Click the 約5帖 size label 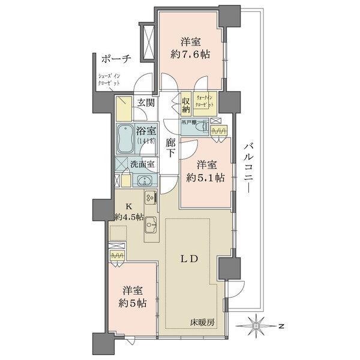pyautogui.click(x=132, y=303)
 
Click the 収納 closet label pyautogui.click(x=186, y=105)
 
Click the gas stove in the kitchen pyautogui.click(x=149, y=197)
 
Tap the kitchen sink pyautogui.click(x=151, y=220)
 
